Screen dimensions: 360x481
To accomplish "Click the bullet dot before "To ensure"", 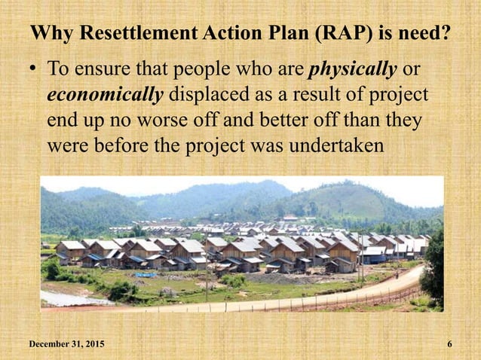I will click(34, 72).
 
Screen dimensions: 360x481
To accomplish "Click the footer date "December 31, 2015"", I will click(67, 344).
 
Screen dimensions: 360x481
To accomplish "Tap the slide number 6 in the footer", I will click(449, 344).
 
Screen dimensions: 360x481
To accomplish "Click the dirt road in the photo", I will click(317, 295).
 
